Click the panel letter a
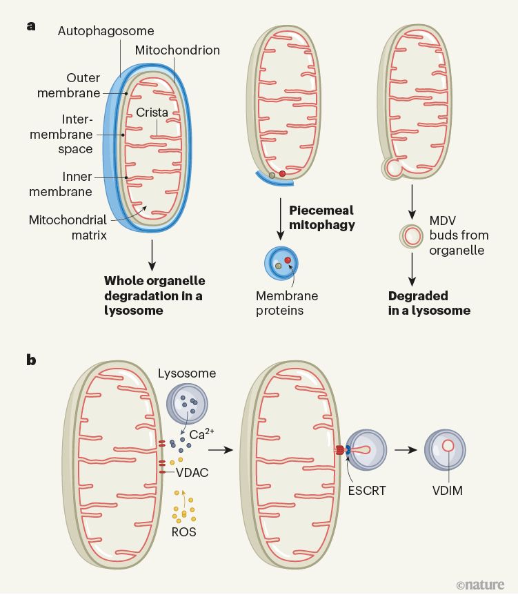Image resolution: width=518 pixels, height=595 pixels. (30, 26)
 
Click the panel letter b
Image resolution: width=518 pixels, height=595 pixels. (31, 359)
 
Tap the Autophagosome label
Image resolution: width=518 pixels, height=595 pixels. (106, 31)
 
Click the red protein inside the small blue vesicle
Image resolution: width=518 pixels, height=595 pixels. (288, 260)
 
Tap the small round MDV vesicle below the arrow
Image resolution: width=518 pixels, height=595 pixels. (412, 237)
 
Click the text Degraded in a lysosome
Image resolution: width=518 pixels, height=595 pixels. (429, 303)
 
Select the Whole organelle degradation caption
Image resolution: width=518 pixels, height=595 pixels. (155, 295)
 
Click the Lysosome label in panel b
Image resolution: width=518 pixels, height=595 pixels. (187, 373)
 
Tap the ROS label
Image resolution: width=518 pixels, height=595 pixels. (183, 532)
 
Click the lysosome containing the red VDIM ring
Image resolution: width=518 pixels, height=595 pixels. (448, 449)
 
